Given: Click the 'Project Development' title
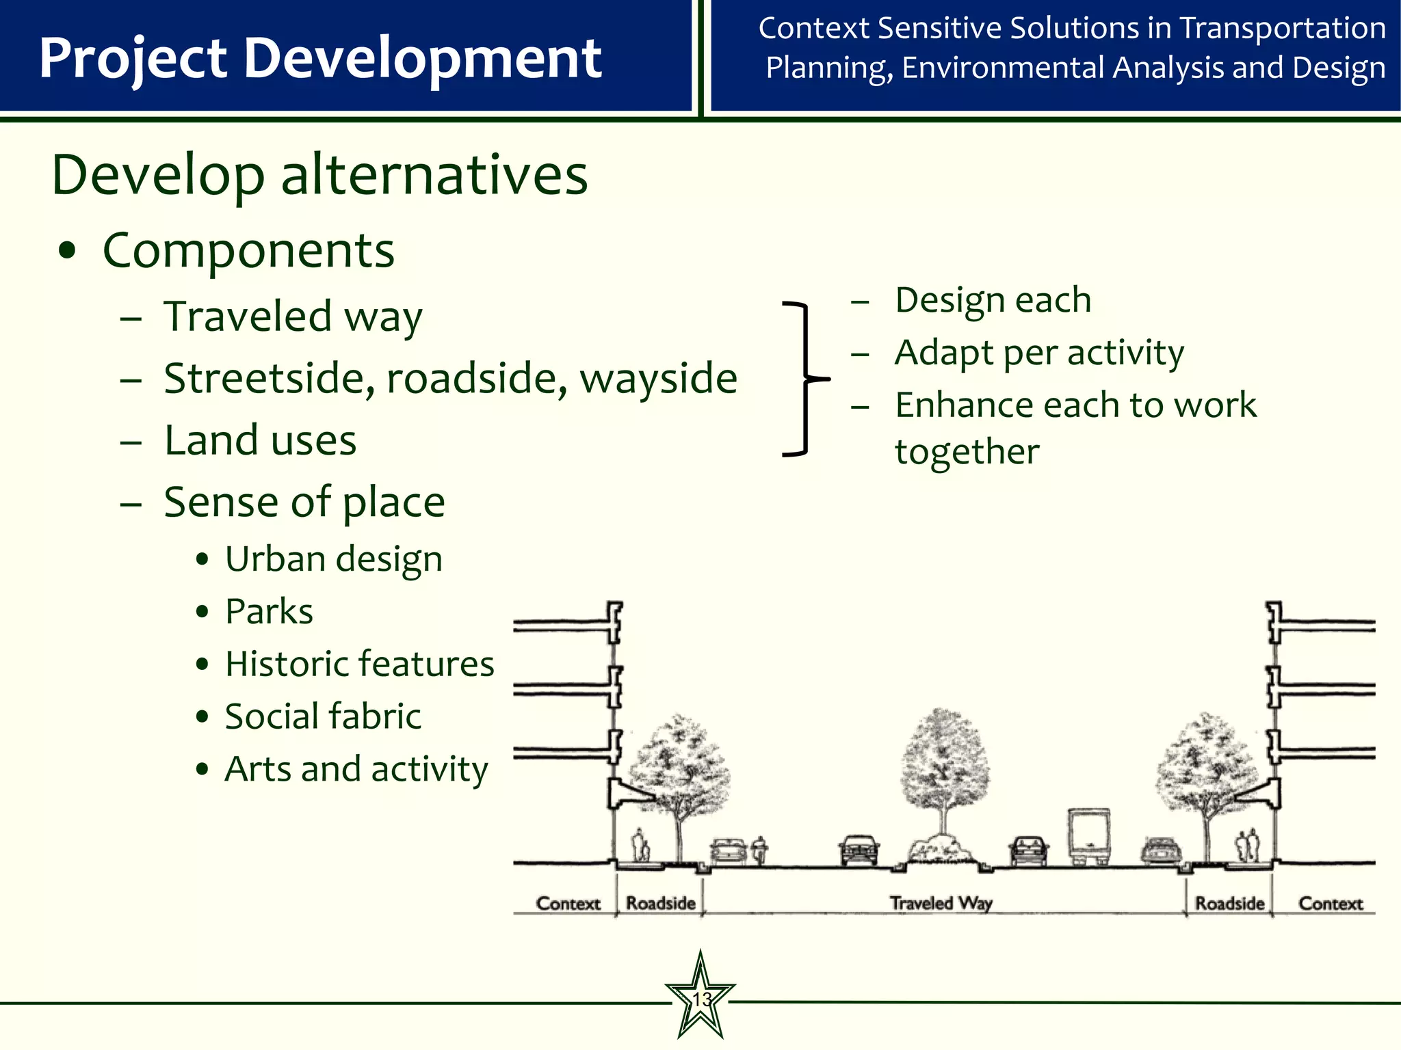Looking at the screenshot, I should click(320, 57).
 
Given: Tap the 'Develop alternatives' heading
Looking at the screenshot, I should click(319, 175).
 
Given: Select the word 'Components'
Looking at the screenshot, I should click(248, 250).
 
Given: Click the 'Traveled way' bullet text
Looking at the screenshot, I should click(293, 317).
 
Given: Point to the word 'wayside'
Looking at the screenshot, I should click(658, 378).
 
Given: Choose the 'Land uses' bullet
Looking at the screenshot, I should click(260, 440).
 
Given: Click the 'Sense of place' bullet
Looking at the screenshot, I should click(304, 502).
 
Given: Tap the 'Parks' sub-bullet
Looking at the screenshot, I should click(269, 611).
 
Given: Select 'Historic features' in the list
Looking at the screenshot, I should click(359, 664).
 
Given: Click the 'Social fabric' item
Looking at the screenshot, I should click(323, 716).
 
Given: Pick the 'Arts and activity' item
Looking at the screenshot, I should click(356, 769).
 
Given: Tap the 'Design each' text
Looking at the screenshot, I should click(993, 300).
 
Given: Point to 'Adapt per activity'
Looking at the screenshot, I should click(1038, 353).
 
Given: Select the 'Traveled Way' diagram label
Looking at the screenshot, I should click(941, 903).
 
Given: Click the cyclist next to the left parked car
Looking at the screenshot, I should click(759, 850).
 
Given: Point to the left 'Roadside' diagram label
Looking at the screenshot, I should click(660, 903).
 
